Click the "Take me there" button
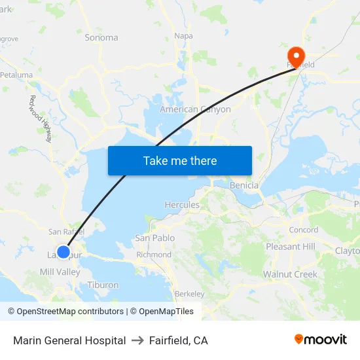coord(180,160)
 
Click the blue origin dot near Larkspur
coord(63,252)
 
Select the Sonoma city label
coord(101,37)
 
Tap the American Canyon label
coord(195,109)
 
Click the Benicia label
coord(244,185)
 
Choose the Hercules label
coord(182,205)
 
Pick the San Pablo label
coord(154,238)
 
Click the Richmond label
coord(154,255)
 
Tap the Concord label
coord(304,230)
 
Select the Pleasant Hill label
coord(291,247)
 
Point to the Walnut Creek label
coord(290,274)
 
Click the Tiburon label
coord(103,285)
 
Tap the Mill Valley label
coord(60,272)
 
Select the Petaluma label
coord(16,75)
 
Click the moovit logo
coord(321,340)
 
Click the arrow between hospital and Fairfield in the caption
coord(137,340)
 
